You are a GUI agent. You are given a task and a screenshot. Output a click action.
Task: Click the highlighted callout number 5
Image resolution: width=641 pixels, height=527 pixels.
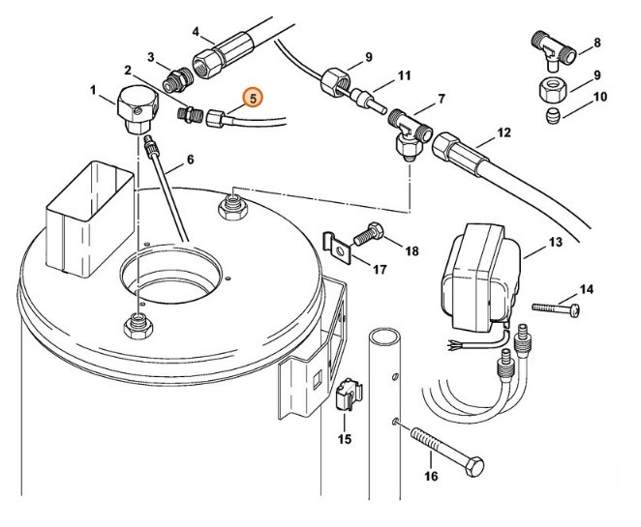click(x=251, y=97)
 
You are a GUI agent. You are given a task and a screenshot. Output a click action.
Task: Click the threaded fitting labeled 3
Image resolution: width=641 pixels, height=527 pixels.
click(x=176, y=78)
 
